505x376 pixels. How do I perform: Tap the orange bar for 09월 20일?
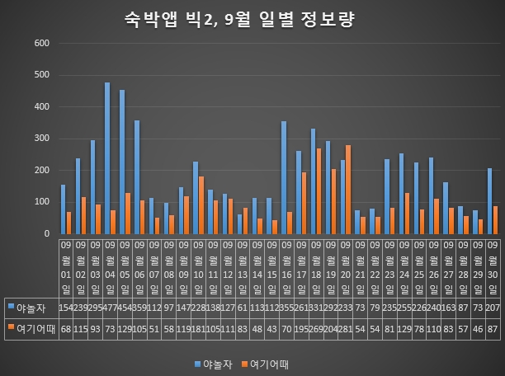[348, 190]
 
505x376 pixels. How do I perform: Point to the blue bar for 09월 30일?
[490, 201]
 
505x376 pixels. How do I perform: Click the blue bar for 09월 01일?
[63, 209]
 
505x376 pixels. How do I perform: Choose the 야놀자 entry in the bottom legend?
[217, 362]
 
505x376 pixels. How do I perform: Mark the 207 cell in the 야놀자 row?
[493, 307]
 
